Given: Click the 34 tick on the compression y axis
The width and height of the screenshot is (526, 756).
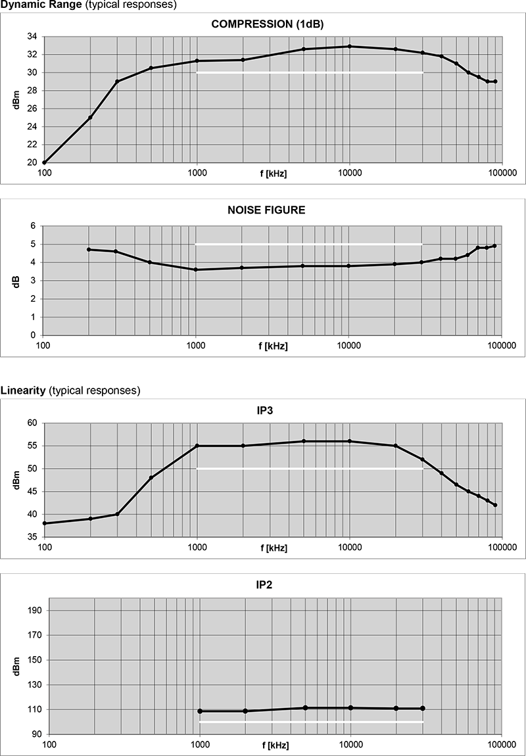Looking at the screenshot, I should [x=32, y=36].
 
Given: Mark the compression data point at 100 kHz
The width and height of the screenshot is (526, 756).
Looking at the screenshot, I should [x=44, y=162].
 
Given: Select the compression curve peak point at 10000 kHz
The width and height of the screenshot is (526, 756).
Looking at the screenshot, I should [x=350, y=46].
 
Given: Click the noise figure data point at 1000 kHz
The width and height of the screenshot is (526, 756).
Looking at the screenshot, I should [x=196, y=270].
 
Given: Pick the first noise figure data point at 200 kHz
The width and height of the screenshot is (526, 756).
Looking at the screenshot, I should [x=89, y=249].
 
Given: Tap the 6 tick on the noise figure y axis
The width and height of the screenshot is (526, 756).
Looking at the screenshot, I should [x=34, y=225].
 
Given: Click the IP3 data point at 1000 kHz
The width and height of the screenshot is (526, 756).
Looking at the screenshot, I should [x=197, y=446].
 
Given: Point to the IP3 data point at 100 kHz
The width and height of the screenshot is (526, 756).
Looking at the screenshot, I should [x=44, y=523].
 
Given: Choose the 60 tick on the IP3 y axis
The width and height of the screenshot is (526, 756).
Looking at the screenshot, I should [x=32, y=423].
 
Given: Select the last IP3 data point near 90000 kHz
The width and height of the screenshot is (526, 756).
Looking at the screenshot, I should [x=495, y=505].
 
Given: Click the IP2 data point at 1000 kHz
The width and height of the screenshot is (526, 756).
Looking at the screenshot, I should [x=200, y=711].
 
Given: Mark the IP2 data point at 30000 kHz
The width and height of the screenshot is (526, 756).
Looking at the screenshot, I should [x=423, y=708].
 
